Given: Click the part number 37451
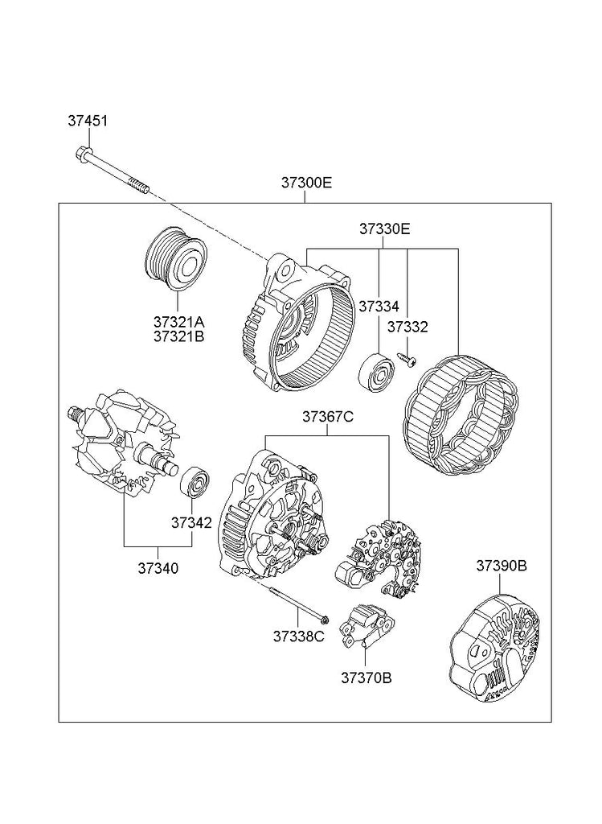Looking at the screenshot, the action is click(x=88, y=121).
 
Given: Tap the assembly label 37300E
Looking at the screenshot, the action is click(x=307, y=183).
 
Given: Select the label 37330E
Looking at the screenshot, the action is click(x=385, y=229).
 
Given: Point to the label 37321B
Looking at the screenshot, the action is click(x=179, y=336).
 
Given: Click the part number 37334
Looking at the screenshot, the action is click(x=379, y=306).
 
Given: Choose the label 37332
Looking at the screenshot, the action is click(x=407, y=327).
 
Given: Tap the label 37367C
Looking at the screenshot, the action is click(x=328, y=417).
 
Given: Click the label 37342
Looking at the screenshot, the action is click(x=191, y=523).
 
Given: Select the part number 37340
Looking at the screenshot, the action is click(x=158, y=568).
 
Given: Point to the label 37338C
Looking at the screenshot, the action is click(x=299, y=636).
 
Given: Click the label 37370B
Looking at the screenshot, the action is click(x=367, y=678).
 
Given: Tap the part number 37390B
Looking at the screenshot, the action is click(x=502, y=566).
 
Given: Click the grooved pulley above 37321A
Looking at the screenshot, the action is click(x=177, y=258).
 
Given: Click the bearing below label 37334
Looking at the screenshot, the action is click(x=376, y=372).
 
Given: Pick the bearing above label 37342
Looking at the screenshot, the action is click(x=195, y=480).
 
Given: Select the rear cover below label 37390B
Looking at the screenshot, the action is click(x=497, y=652).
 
